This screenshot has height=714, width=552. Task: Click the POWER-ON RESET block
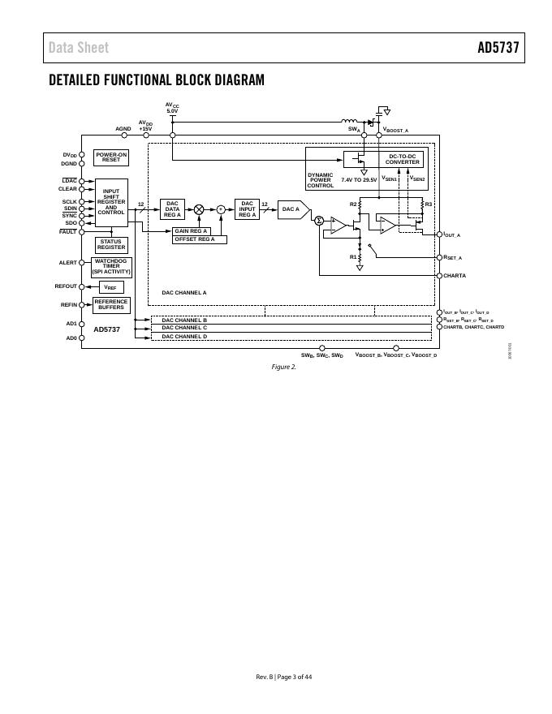110,157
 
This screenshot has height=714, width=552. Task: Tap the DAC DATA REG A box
172,209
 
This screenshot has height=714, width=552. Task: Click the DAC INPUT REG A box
247,209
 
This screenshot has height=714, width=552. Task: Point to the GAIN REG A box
192,231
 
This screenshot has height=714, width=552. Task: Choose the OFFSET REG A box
199,239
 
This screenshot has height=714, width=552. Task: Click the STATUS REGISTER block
111,244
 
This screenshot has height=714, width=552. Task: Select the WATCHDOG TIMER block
111,267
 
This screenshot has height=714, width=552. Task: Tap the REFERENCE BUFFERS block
111,304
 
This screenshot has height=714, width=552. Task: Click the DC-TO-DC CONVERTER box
402,159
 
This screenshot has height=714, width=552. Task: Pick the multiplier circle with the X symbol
199,209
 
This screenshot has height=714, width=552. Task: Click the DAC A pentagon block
292,209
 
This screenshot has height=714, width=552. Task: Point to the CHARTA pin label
455,276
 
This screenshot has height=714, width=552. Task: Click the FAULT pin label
68,232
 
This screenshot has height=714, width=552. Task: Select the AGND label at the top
123,128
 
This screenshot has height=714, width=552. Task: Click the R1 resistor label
353,256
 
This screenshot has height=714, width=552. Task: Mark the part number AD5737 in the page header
498,48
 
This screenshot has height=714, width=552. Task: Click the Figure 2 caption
283,367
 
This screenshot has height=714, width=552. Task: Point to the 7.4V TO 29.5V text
359,179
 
